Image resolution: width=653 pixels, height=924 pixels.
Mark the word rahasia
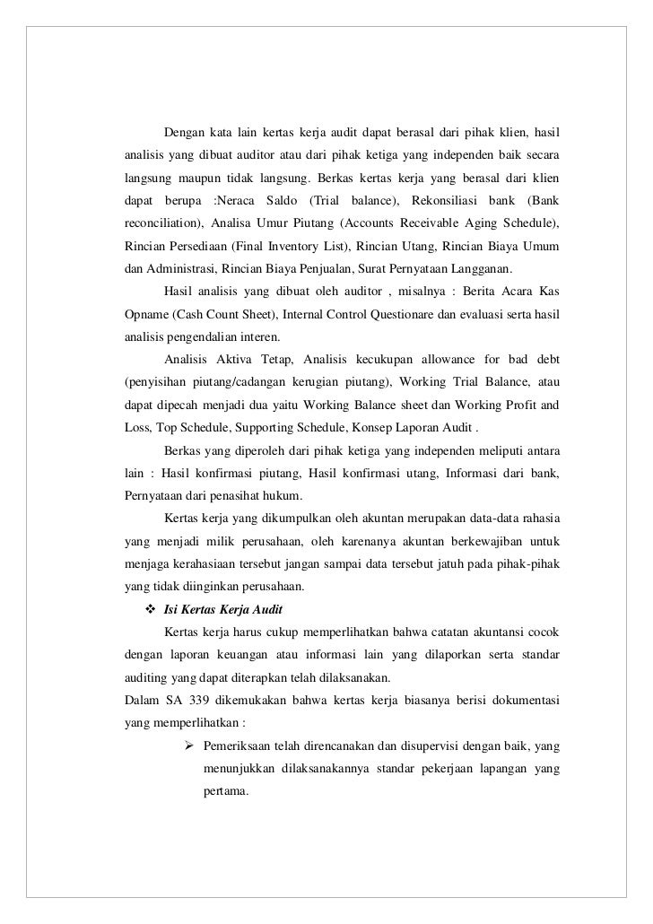pyautogui.click(x=536, y=519)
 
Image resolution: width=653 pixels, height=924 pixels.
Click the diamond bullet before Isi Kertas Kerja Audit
pyautogui.click(x=149, y=611)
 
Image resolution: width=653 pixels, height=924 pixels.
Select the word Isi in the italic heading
pyautogui.click(x=170, y=612)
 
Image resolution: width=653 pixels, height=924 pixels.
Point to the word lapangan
pyautogui.click(x=473, y=770)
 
